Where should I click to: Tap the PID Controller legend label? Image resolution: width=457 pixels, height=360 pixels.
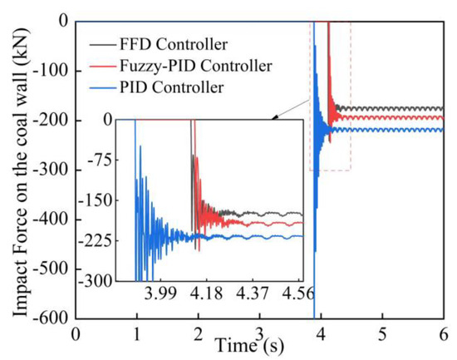pos(165,86)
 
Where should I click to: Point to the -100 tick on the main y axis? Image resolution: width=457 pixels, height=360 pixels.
pos(52,71)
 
